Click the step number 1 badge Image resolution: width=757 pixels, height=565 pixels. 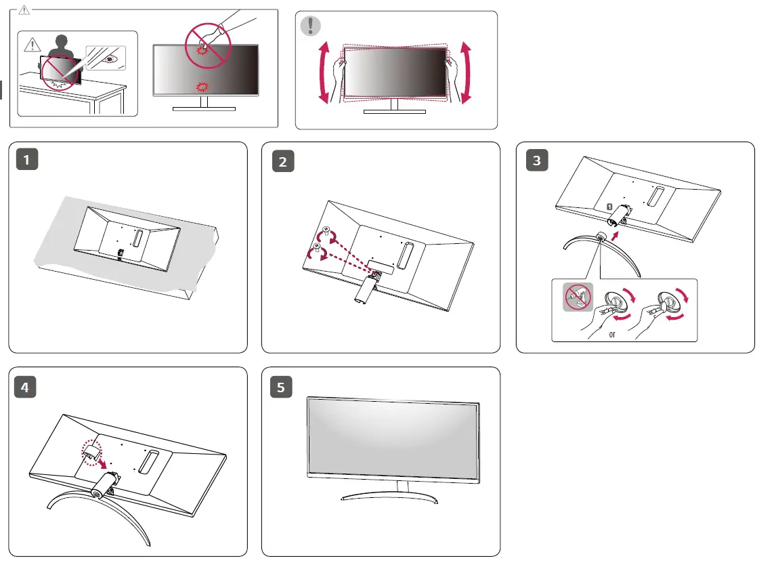coord(27,161)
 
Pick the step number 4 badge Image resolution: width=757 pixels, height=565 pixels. coord(26,388)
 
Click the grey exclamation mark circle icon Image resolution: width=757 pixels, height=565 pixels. coord(311,26)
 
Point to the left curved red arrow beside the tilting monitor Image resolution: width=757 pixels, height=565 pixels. coord(324,72)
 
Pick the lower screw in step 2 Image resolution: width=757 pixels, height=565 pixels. coord(316,247)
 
